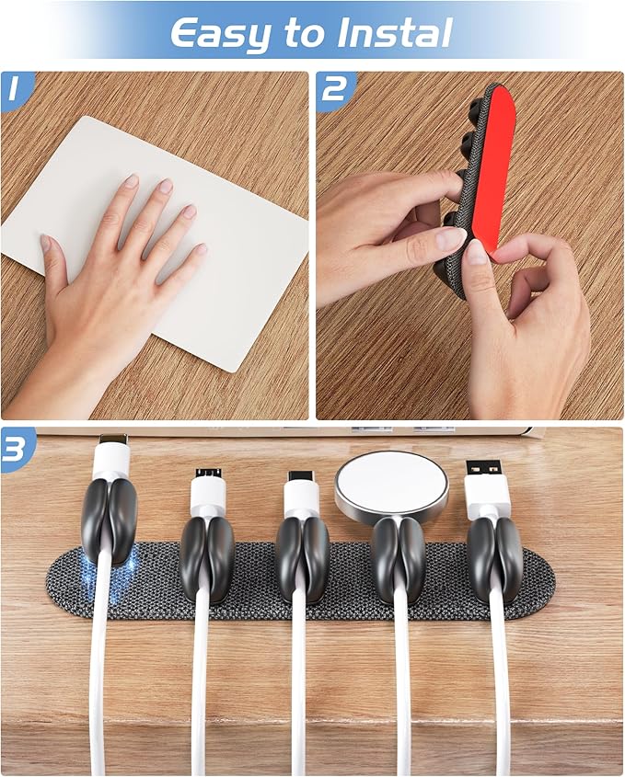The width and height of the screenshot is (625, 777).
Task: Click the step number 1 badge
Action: [x=14, y=89]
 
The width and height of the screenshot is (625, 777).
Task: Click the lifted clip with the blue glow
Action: [x=109, y=520]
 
